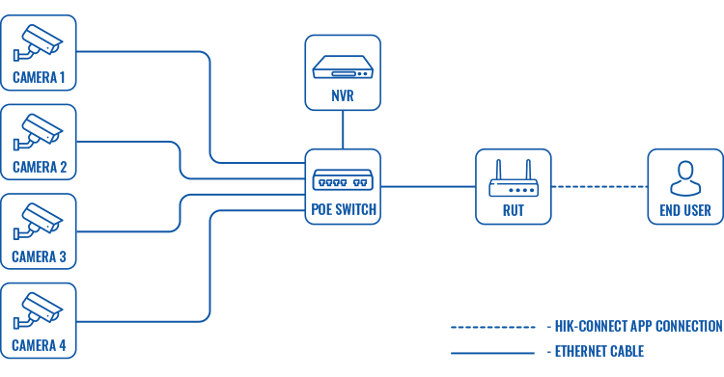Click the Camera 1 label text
tap(40, 77)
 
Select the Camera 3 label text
tap(40, 256)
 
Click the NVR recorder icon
tap(343, 67)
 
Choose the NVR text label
tap(343, 96)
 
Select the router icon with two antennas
tap(514, 181)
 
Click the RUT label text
tap(514, 210)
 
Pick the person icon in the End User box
tap(684, 178)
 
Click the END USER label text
tap(684, 210)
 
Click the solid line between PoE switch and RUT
tap(428, 186)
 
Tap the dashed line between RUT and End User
tap(599, 186)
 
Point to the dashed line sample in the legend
tap(492, 327)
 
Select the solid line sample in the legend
tap(492, 352)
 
